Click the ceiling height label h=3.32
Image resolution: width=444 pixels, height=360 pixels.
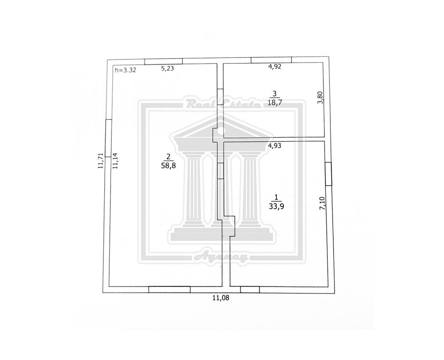pyautogui.click(x=126, y=70)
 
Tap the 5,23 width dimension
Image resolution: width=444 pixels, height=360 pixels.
pyautogui.click(x=167, y=68)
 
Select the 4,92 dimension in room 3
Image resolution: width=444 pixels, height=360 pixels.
pyautogui.click(x=275, y=67)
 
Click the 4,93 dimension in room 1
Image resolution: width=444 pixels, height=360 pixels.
pyautogui.click(x=275, y=146)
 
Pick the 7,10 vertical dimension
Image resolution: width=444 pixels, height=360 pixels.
pyautogui.click(x=322, y=203)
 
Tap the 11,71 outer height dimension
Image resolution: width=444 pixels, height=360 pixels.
pyautogui.click(x=101, y=161)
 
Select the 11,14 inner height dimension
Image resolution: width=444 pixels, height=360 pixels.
pyautogui.click(x=115, y=161)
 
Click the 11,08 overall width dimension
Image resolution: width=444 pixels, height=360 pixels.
pyautogui.click(x=221, y=298)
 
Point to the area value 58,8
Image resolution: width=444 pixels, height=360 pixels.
pyautogui.click(x=168, y=166)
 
